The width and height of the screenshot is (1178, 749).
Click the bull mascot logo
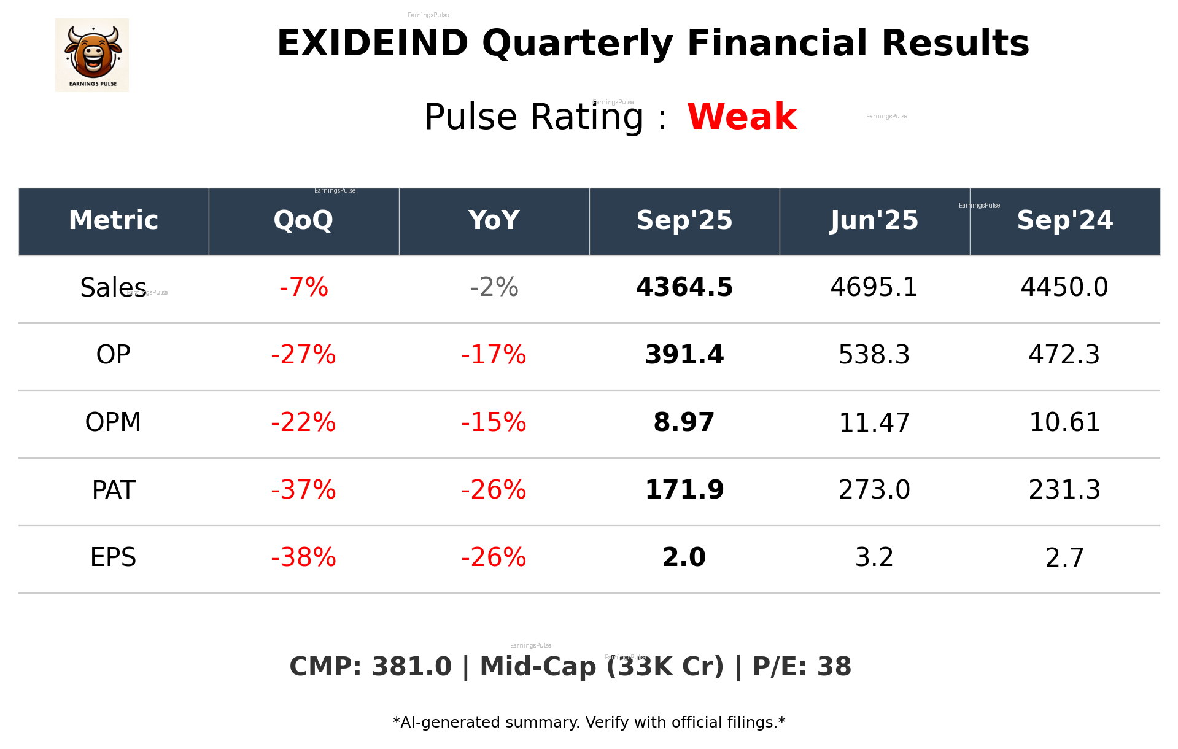(x=92, y=55)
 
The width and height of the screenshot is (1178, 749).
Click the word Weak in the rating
(x=742, y=117)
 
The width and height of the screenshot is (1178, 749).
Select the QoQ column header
(x=303, y=220)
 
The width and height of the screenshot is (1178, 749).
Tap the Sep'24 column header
(x=1064, y=220)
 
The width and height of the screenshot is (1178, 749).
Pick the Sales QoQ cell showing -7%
(x=303, y=287)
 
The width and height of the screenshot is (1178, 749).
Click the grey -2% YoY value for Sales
(x=494, y=287)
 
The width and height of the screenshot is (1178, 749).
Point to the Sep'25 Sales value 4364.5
(x=684, y=287)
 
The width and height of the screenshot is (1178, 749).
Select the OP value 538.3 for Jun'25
(x=874, y=355)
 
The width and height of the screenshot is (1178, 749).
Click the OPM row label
(x=113, y=422)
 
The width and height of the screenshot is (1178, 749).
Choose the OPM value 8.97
(x=684, y=422)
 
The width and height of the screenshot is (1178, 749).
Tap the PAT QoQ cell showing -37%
(x=303, y=490)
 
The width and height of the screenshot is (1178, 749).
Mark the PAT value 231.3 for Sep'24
(x=1064, y=490)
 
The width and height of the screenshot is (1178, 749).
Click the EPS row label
(x=113, y=557)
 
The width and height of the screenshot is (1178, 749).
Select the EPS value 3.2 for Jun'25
(x=874, y=557)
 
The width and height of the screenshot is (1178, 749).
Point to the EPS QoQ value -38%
(x=303, y=557)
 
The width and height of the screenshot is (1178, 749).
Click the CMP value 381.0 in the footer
(x=411, y=667)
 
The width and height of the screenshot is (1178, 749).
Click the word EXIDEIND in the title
(x=372, y=44)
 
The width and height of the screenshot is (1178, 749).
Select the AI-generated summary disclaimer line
(x=589, y=723)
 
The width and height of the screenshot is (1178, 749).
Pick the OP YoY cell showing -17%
(x=494, y=355)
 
